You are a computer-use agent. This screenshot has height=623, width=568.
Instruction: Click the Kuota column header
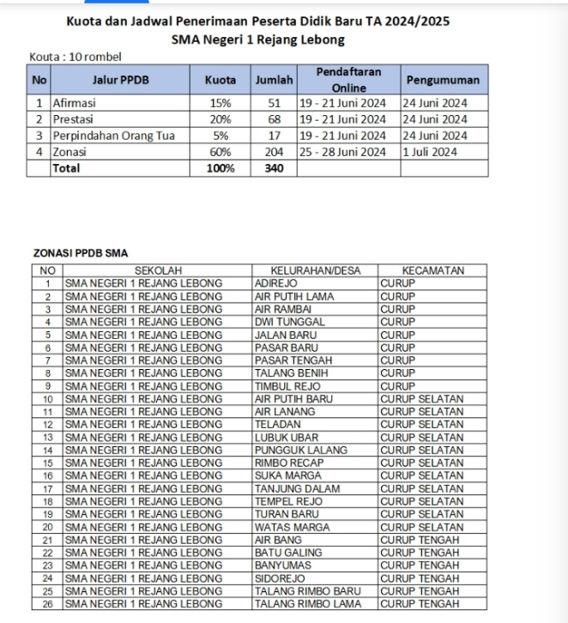[x=221, y=80]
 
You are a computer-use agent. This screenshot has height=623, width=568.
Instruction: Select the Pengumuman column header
[x=443, y=80]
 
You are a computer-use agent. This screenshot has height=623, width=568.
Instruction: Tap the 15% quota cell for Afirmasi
[x=221, y=103]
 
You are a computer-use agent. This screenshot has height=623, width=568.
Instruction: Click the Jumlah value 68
[x=275, y=119]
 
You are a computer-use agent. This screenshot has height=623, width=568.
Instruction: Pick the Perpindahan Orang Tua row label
[x=100, y=136]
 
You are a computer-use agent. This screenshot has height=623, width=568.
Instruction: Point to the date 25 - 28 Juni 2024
[x=343, y=152]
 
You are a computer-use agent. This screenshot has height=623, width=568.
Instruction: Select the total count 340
[x=275, y=168]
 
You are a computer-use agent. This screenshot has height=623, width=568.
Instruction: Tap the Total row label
[x=67, y=168]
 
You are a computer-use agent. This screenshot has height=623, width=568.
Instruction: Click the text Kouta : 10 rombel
[x=76, y=57]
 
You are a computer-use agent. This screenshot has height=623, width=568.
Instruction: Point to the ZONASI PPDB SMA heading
[x=80, y=253]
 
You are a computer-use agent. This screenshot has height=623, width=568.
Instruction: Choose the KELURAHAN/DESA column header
[x=315, y=270]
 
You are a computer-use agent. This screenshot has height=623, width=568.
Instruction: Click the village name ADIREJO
[x=276, y=283]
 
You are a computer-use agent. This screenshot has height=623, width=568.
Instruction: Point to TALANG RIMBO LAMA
[x=308, y=604]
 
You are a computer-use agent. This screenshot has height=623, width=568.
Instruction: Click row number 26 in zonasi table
[x=47, y=604]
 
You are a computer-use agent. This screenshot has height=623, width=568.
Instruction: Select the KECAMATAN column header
[x=432, y=270]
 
